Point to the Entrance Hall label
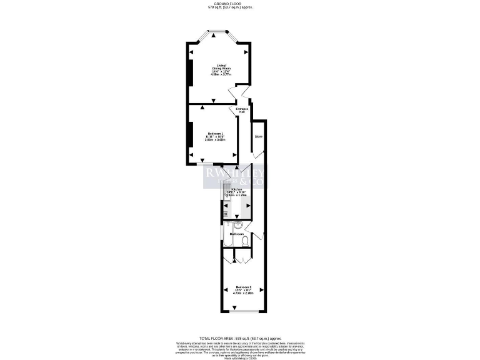tap(242, 110)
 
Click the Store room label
tap(257, 136)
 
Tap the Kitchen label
tap(237, 189)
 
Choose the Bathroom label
tap(237, 234)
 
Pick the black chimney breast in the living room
tap(189, 68)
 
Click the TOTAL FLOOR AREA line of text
tap(239, 337)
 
